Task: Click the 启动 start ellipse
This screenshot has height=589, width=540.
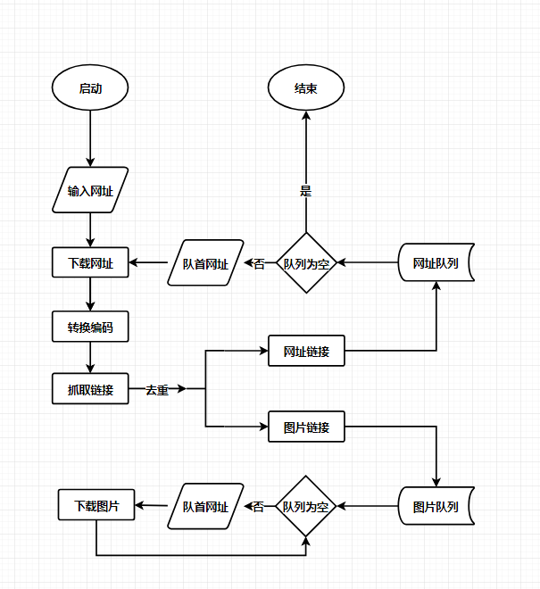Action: (x=90, y=88)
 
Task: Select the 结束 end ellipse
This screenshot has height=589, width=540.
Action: (x=306, y=88)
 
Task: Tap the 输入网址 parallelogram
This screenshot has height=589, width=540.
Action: (x=90, y=190)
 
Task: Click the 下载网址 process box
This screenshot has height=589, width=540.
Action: (x=90, y=262)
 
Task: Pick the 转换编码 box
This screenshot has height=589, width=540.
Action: (x=90, y=328)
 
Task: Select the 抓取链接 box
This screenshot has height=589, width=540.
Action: (x=90, y=389)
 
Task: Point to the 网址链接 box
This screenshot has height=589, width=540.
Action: (x=306, y=352)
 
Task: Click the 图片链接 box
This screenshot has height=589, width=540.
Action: (x=306, y=427)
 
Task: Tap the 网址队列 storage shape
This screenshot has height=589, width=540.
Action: (x=436, y=263)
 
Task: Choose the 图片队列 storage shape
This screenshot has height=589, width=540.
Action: (x=436, y=507)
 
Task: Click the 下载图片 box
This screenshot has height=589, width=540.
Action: (x=96, y=505)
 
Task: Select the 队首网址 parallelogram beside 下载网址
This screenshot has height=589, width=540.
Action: (x=206, y=263)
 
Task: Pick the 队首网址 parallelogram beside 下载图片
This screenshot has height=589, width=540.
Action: (x=206, y=507)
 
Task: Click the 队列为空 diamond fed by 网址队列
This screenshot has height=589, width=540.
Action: (x=306, y=263)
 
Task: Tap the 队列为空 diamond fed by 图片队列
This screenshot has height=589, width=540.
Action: (x=306, y=506)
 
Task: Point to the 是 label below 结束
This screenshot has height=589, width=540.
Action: (x=306, y=191)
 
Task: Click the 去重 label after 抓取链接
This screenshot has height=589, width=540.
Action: (x=157, y=390)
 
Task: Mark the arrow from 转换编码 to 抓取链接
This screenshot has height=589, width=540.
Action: (x=90, y=357)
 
